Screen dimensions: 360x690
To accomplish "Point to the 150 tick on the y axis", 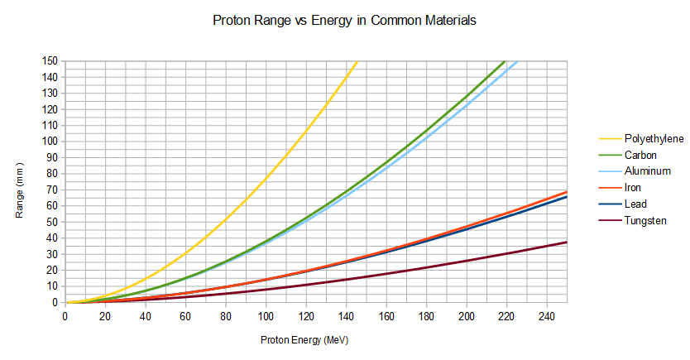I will (x=50, y=60).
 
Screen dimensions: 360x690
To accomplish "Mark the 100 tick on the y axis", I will (x=50, y=141).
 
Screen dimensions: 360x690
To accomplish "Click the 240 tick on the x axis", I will (x=546, y=317).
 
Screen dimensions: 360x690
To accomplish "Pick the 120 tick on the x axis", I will (x=305, y=317).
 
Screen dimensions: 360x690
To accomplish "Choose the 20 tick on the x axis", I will (x=104, y=317).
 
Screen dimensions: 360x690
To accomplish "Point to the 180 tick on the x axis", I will (x=426, y=317).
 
